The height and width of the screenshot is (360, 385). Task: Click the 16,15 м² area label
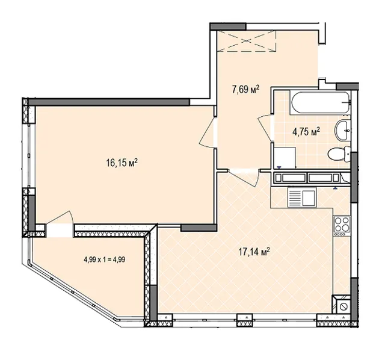[x=122, y=163]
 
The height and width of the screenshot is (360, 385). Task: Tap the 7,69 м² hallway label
[x=246, y=90]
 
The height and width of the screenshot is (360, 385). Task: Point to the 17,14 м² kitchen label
[x=254, y=252]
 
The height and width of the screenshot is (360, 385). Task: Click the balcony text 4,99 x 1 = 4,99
[x=105, y=259]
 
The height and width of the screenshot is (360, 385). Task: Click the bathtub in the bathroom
[x=320, y=103]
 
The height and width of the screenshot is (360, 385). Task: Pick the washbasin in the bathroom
[x=342, y=131]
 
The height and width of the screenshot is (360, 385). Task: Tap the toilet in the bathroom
[x=339, y=154]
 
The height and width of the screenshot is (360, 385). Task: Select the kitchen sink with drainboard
[x=302, y=197]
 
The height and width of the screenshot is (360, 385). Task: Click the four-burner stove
[x=342, y=226]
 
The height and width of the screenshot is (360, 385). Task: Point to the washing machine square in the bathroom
[x=285, y=158]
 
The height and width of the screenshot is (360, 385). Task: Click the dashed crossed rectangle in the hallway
[x=247, y=41]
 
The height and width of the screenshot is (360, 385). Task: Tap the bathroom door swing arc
[x=265, y=128]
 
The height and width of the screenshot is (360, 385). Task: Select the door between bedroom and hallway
[x=207, y=132]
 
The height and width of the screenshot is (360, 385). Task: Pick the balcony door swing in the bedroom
[x=60, y=217]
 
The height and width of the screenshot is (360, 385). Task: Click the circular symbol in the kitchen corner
[x=342, y=306]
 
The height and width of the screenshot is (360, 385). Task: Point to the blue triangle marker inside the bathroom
[x=279, y=167]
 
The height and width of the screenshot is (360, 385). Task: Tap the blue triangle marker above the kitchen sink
[x=335, y=188]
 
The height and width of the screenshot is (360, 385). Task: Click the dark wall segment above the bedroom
[x=109, y=102]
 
